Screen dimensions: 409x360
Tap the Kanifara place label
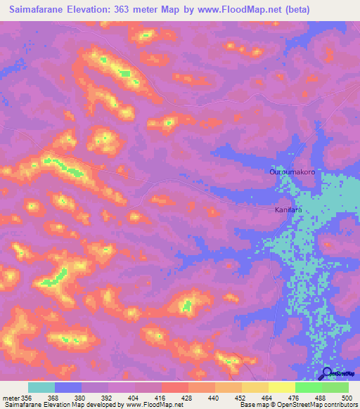tap(288, 209)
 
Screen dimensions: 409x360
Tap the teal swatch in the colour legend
tap(41, 387)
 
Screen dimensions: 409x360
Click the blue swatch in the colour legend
tap(68, 387)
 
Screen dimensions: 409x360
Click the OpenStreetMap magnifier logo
tap(327, 373)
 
